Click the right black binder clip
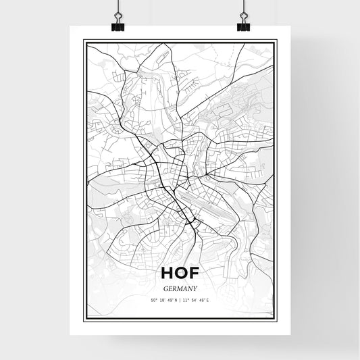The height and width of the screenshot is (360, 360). coord(243,24)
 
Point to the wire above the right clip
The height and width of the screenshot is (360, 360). coord(243,7)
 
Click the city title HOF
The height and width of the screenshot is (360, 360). coord(180,274)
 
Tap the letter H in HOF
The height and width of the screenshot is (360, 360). coord(168,274)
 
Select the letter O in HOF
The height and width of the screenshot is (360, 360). coord(182,274)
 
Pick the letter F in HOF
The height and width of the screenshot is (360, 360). coord(195,274)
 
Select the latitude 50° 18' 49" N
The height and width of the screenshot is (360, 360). coord(163,300)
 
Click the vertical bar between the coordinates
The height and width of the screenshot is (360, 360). coord(180,300)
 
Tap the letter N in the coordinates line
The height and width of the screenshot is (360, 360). coord(176,300)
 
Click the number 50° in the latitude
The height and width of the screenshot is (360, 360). coord(153,300)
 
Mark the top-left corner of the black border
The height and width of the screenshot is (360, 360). coord(83,41)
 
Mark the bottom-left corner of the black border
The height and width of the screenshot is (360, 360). coord(83,318)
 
